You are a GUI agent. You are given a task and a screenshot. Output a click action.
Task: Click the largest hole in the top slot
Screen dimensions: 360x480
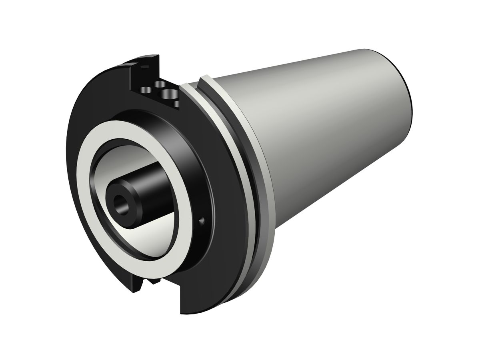coord(167,94)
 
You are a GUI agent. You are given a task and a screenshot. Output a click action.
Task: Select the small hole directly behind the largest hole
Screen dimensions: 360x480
coord(160,84)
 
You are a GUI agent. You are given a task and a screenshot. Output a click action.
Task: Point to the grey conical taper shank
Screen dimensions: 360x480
coord(320,132)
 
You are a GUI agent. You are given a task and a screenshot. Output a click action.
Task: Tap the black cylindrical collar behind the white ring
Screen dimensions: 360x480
coord(192,168)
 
